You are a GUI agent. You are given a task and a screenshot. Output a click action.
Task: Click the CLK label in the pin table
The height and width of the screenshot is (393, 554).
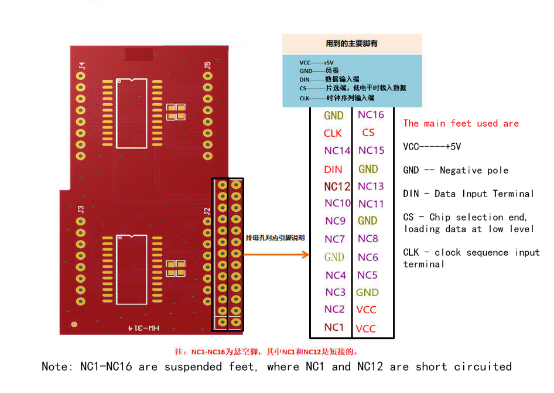tap(333, 133)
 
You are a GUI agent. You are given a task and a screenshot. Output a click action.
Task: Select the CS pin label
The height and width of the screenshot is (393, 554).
tap(368, 133)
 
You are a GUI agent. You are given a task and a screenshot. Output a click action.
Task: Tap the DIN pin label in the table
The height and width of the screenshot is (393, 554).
tap(333, 170)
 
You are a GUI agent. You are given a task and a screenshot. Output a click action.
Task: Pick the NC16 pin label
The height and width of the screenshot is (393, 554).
tap(371, 114)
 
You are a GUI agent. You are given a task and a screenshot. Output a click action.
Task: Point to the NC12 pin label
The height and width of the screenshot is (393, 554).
tap(337, 187)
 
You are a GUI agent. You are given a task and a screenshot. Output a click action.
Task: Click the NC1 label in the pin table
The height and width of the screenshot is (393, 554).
tap(334, 327)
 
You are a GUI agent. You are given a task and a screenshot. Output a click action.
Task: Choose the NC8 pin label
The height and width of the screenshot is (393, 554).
tap(368, 239)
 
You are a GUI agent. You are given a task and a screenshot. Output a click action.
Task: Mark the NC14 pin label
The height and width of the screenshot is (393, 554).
tap(337, 151)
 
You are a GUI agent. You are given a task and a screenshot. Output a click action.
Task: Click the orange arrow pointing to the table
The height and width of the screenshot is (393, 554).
tap(276, 255)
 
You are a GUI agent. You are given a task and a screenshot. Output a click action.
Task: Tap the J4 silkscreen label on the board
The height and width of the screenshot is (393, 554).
tap(82, 66)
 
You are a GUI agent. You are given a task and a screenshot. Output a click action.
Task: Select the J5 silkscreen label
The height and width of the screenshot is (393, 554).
tap(207, 66)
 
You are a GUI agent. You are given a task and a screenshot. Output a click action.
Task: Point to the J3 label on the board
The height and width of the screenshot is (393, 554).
tap(81, 209)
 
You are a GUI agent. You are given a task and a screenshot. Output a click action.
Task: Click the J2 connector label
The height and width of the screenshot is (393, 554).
tap(207, 212)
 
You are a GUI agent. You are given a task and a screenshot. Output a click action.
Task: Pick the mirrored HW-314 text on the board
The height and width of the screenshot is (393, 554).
tap(144, 328)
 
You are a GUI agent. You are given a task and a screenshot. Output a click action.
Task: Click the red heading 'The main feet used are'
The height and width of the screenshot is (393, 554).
tap(461, 123)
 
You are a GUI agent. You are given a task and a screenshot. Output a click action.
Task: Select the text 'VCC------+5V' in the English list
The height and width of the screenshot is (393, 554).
tap(432, 147)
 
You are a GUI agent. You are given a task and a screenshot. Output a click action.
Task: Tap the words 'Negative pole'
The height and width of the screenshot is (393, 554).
tap(474, 171)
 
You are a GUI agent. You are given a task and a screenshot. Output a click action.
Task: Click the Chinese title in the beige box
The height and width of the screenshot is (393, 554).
tap(351, 43)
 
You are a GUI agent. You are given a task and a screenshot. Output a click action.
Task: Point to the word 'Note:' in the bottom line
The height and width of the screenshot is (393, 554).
tap(57, 367)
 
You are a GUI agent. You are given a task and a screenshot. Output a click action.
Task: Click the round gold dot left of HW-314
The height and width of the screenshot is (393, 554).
tap(74, 324)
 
